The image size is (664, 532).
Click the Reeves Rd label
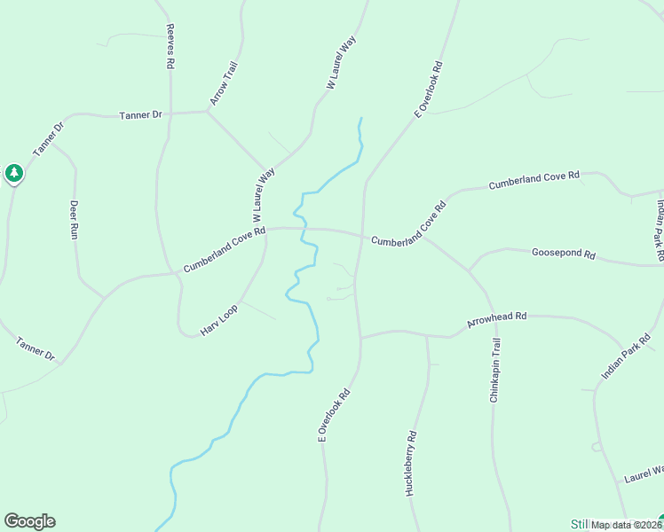[170, 47]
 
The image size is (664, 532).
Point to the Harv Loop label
[219, 319]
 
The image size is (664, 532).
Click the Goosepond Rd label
[563, 253]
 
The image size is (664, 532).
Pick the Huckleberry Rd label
[411, 464]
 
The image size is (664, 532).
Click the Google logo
[29, 521]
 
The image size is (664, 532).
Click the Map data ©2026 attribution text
[627, 525]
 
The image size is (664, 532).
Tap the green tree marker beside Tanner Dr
[13, 173]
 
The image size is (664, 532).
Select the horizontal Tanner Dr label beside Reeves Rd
[140, 115]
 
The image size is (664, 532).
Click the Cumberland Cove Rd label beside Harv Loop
[225, 251]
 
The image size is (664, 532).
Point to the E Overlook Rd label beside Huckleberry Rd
[335, 415]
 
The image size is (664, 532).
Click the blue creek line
[307, 303]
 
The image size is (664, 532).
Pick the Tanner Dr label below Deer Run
[36, 348]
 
